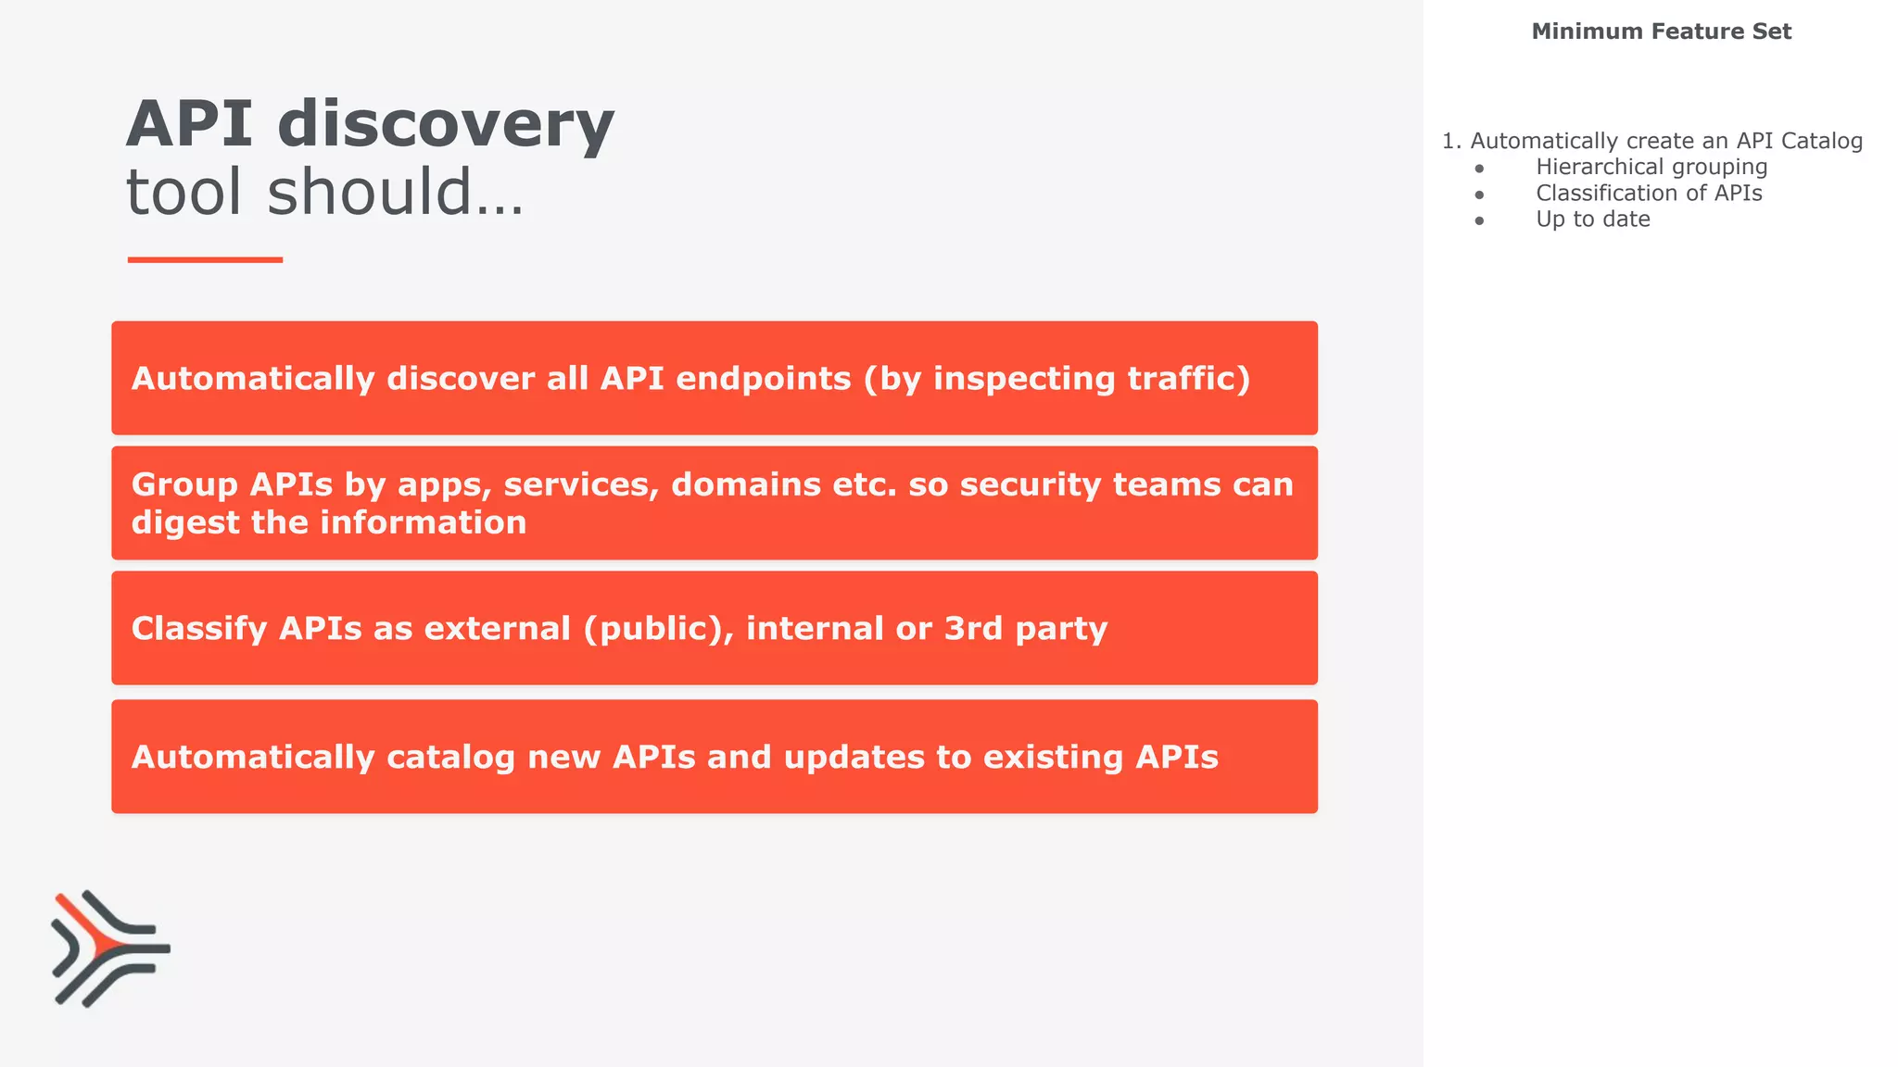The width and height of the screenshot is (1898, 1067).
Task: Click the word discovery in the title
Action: click(445, 125)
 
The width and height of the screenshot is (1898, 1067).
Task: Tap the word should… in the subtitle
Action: click(396, 193)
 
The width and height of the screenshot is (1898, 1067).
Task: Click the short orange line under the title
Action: click(205, 260)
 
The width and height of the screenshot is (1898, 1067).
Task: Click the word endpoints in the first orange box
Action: click(763, 379)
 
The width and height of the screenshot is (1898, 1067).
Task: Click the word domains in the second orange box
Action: click(745, 484)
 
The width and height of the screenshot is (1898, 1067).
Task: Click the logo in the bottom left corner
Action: click(110, 948)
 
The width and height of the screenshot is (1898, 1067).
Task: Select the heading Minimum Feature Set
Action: click(1661, 31)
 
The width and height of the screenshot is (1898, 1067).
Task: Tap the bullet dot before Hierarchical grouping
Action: click(1480, 169)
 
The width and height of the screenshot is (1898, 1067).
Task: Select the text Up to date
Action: click(1592, 220)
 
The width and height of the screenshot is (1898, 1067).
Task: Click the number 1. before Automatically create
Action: click(1451, 141)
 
